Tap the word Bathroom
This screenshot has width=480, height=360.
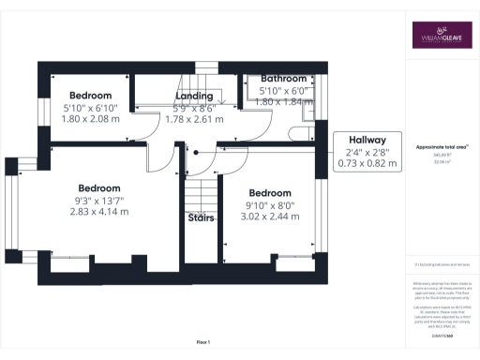pos(283,79)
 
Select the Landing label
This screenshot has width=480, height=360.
pos(194,96)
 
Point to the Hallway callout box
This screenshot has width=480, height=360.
pos(367,151)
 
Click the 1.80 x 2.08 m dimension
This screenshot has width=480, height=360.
pos(90,119)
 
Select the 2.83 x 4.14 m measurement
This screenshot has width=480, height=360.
pos(99,211)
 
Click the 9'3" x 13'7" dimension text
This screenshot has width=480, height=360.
pos(99,199)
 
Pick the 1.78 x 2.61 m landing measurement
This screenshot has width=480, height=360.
pos(194,119)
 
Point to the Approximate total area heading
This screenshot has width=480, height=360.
pos(442,148)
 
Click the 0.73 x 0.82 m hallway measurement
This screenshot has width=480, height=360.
pos(367,163)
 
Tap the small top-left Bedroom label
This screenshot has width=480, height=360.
pos(90,96)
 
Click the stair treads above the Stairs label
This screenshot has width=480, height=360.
pos(200,192)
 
